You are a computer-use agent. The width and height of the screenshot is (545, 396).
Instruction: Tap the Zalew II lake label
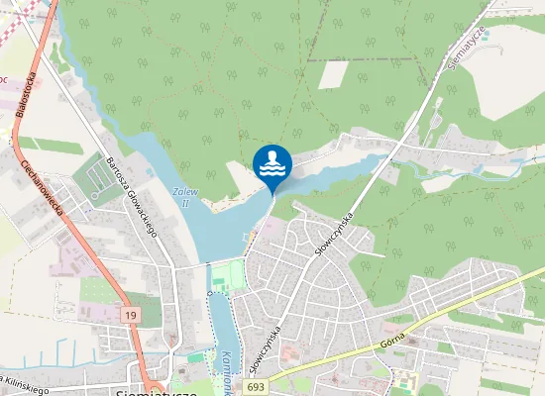[x=181, y=196]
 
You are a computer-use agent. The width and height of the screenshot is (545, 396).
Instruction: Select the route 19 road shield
[x=130, y=314]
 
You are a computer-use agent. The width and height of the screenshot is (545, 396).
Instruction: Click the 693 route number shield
[x=257, y=387]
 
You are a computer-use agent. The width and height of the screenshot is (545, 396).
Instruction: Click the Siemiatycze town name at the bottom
[x=158, y=391]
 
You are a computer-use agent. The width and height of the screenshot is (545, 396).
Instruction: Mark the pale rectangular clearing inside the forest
[x=333, y=74]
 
